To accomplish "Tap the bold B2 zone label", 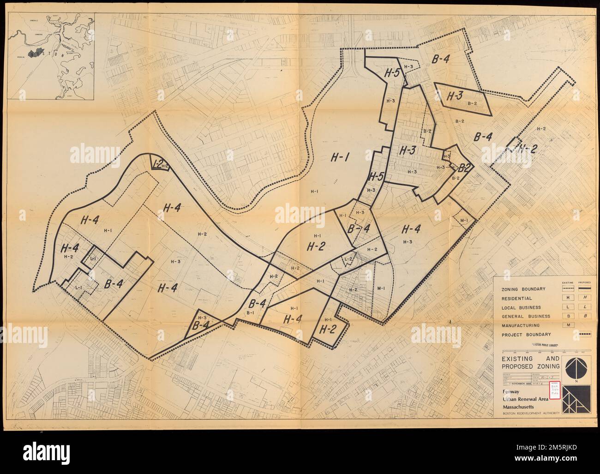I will point(464,168).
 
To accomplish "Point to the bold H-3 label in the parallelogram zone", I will point(455,96).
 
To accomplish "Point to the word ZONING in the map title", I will point(546,366).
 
